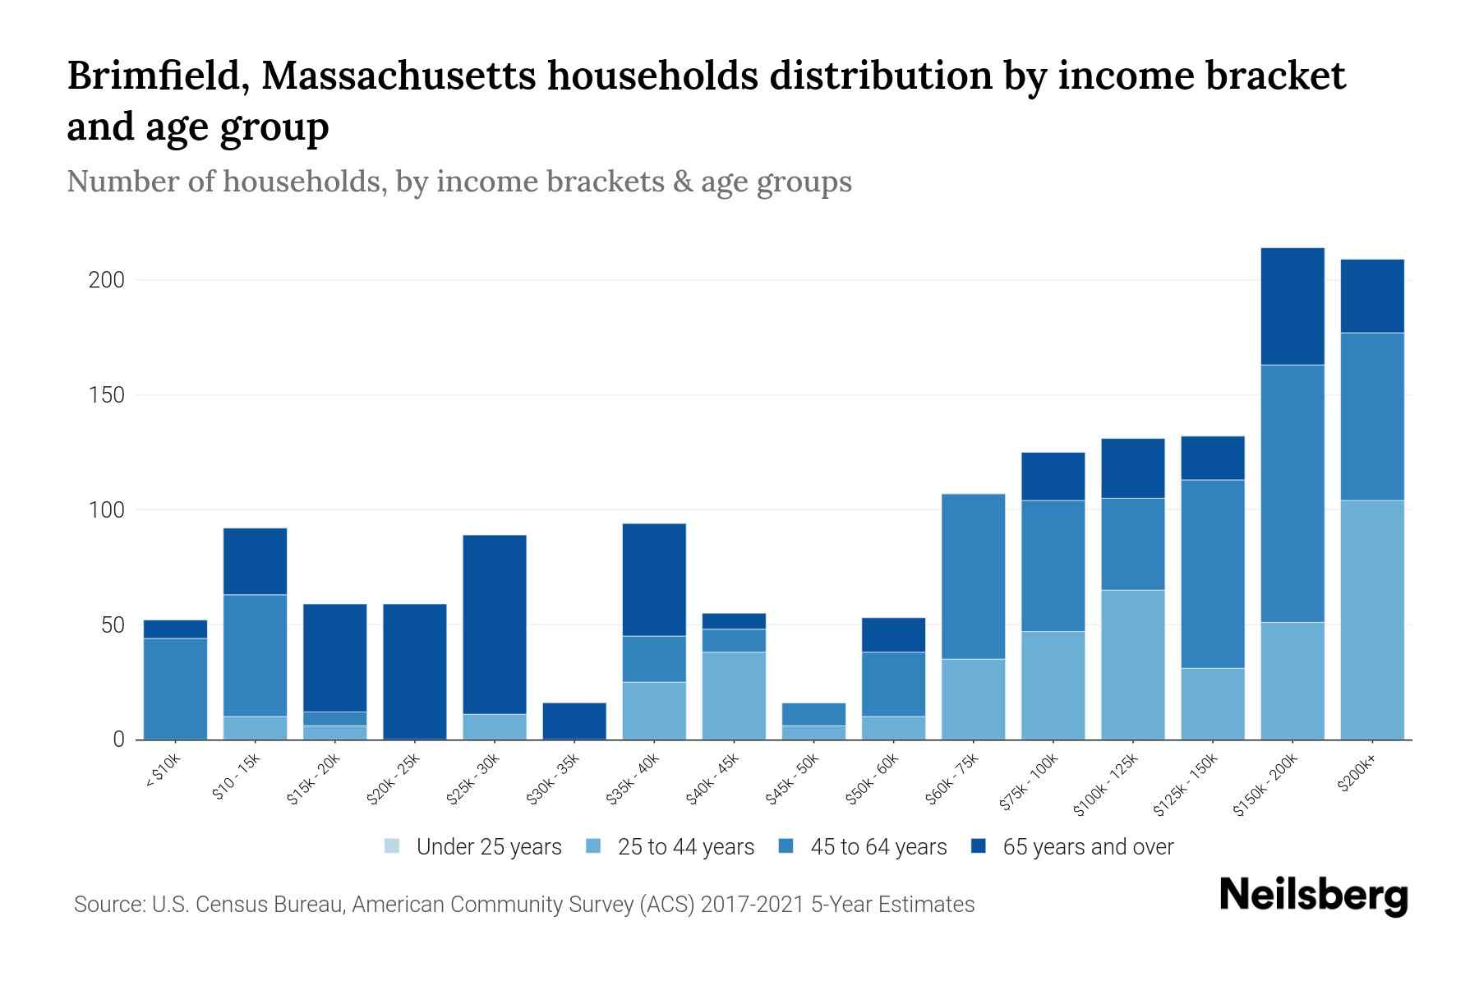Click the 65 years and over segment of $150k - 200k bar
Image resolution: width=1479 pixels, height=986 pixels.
coord(1292,306)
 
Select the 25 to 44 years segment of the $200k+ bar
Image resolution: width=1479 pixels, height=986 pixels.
coord(1371,620)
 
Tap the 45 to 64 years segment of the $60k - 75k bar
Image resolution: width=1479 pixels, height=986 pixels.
coord(973,576)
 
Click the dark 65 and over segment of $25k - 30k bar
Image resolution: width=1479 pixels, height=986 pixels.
coord(494,624)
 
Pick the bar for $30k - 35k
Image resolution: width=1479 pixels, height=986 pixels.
coord(574,721)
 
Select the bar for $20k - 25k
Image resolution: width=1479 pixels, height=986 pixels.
coord(414,671)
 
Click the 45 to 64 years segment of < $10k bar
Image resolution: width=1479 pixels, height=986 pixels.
coord(175,688)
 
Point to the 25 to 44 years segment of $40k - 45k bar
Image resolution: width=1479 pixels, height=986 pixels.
coord(734,695)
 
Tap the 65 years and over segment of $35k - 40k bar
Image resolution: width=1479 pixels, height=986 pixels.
coord(654,579)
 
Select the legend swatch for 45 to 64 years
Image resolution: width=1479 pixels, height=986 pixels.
coord(786,846)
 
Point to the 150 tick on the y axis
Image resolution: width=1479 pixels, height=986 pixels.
coord(106,395)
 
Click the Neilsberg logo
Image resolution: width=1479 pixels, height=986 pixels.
coord(1313,896)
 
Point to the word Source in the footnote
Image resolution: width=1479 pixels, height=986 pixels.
coord(108,905)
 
